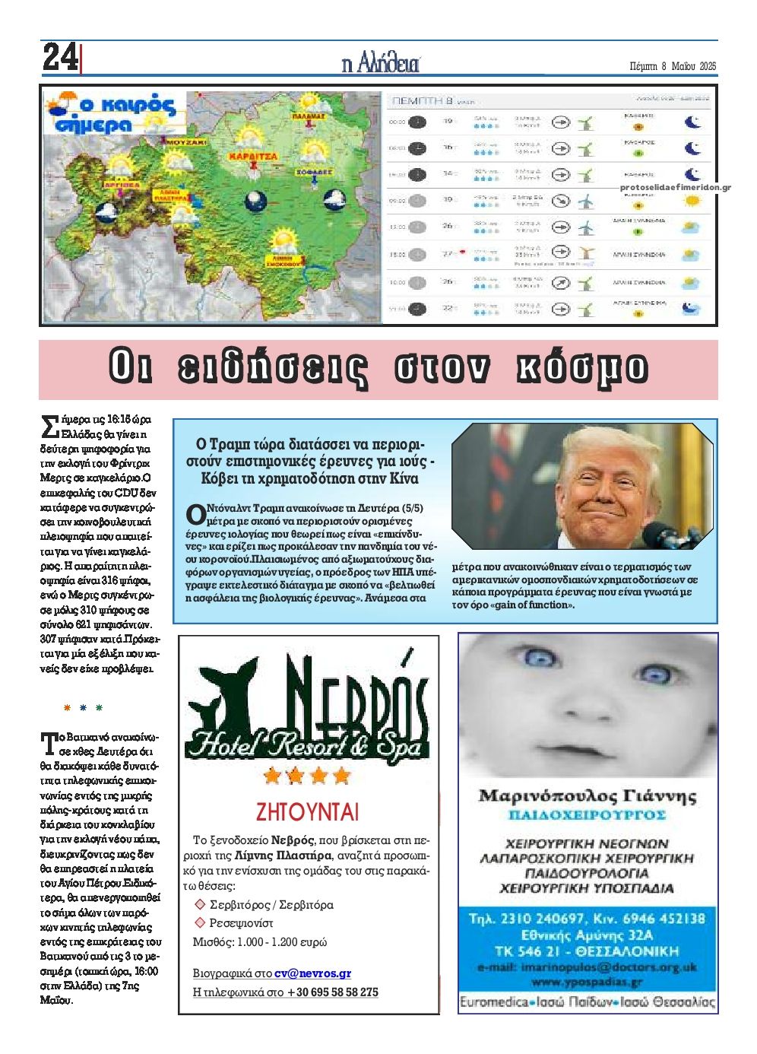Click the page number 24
click(x=60, y=58)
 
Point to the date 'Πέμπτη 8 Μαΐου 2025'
click(x=673, y=65)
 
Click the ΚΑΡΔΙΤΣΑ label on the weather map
click(x=251, y=157)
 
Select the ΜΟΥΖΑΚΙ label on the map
click(x=186, y=142)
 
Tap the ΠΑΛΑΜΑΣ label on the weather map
click(x=308, y=116)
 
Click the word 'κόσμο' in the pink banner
click(x=581, y=368)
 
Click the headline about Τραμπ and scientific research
click(x=310, y=461)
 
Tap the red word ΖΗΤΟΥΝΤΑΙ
click(x=307, y=811)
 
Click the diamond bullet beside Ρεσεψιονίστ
click(x=201, y=922)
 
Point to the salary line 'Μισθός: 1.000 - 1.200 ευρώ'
click(x=260, y=941)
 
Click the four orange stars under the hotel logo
click(x=306, y=776)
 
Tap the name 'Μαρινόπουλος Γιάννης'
click(x=587, y=796)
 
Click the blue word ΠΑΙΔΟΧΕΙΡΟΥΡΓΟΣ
click(x=587, y=815)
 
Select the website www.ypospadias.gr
click(x=587, y=982)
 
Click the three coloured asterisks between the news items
click(x=83, y=708)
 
